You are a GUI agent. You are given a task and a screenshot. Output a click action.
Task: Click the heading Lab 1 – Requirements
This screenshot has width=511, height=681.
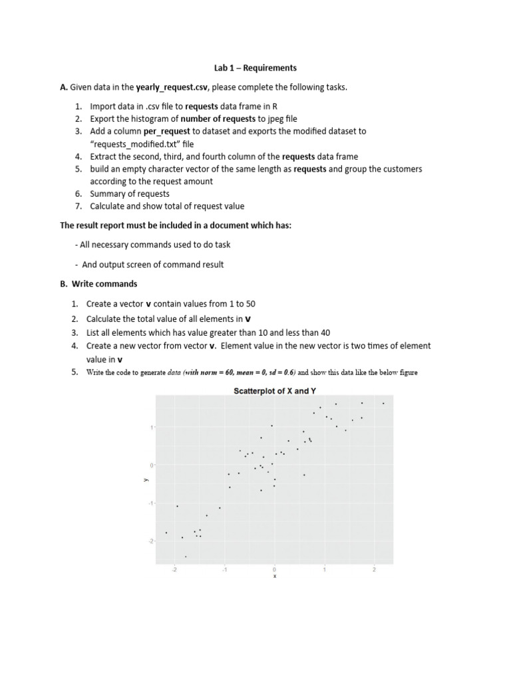[x=255, y=68]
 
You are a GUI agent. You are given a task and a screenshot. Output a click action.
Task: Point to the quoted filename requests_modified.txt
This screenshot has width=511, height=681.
[x=144, y=144]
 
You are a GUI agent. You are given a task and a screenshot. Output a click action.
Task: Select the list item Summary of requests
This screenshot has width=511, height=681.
[x=130, y=194]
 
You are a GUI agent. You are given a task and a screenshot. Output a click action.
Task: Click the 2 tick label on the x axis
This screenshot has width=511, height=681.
[x=374, y=569]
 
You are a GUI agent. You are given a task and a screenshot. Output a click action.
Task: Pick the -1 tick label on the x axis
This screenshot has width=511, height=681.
[x=224, y=569]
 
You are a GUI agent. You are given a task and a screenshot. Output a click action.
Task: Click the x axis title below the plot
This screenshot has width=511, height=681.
[x=274, y=577]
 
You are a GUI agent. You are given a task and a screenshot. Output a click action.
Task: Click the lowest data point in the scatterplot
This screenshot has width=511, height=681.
[x=186, y=557]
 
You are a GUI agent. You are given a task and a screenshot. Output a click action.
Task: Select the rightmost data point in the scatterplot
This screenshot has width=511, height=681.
[x=383, y=403]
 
